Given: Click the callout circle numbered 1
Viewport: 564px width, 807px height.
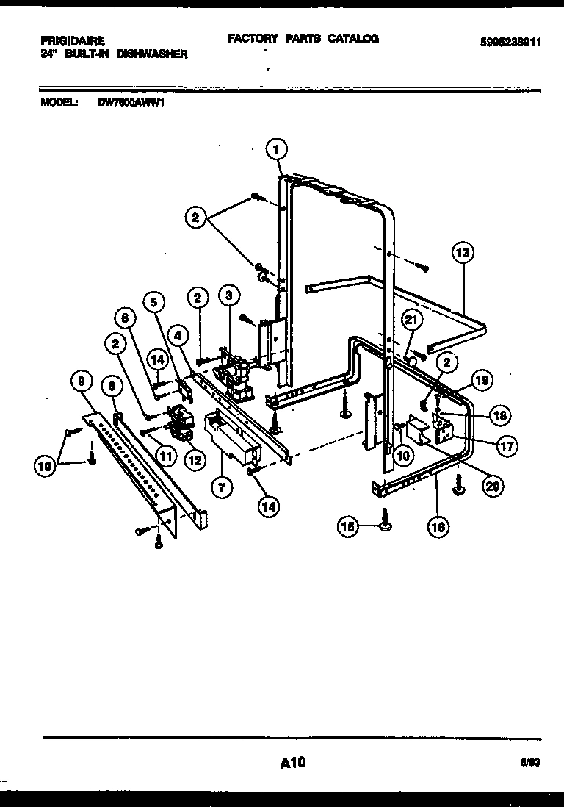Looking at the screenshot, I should (x=276, y=149).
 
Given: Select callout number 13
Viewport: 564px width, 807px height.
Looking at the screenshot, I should (x=462, y=254).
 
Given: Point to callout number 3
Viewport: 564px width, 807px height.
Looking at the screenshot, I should (x=229, y=296).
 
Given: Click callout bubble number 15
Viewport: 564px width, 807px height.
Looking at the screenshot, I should (x=348, y=526).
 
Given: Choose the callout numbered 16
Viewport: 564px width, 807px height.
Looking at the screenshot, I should (x=439, y=526).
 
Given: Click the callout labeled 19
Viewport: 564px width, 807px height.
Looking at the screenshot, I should (x=482, y=380).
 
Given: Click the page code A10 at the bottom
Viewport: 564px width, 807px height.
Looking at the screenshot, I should (x=292, y=764).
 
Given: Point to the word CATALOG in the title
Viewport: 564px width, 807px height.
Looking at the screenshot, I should (x=352, y=38).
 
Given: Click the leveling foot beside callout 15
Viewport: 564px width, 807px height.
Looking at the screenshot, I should (x=385, y=520).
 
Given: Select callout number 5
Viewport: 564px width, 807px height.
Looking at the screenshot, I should (x=154, y=301).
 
